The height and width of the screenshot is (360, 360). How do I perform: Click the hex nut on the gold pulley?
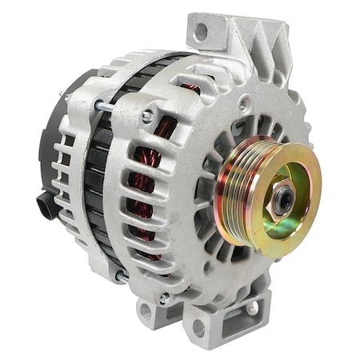(282, 201)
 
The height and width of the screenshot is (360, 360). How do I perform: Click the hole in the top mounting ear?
(201, 33)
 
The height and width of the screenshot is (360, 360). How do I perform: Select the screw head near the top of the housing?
(147, 116)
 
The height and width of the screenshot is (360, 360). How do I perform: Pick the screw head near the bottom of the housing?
(165, 298)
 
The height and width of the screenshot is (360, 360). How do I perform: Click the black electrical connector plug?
(49, 205)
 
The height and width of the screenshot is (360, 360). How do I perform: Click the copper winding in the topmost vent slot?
(190, 87)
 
